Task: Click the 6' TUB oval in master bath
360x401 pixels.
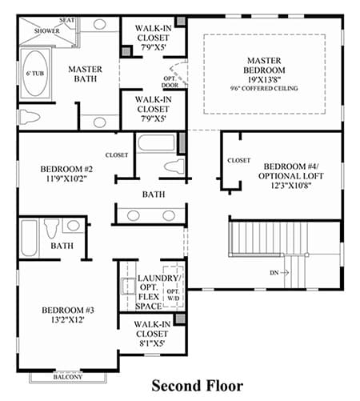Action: (36, 74)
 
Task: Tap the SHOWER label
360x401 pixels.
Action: (46, 30)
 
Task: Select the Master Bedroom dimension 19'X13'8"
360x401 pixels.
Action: (264, 79)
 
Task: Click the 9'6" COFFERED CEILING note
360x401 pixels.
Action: (264, 88)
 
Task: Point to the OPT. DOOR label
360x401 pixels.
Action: (170, 82)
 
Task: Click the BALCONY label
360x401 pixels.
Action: (68, 377)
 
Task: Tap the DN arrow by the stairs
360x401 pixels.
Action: (285, 273)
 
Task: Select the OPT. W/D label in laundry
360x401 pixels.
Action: (174, 295)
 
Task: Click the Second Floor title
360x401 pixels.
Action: (198, 386)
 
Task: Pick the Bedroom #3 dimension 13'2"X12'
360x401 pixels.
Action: (68, 319)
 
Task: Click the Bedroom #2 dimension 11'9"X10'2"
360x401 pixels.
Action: (66, 178)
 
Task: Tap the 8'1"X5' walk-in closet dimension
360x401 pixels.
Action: (152, 343)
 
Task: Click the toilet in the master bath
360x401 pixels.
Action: (29, 117)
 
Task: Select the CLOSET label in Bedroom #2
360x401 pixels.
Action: (117, 155)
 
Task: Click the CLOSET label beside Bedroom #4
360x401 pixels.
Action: (239, 160)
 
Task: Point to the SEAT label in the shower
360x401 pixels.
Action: (66, 20)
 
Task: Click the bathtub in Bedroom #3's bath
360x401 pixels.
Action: (29, 238)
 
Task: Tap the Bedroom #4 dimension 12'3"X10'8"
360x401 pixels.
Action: (291, 186)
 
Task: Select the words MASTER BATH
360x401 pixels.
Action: (85, 74)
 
